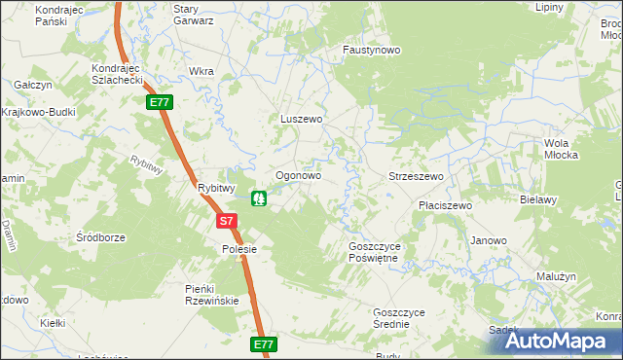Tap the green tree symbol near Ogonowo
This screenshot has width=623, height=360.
coord(260,198)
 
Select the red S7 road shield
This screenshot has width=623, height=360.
coord(226,221)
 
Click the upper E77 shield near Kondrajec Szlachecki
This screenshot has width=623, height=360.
coord(159,101)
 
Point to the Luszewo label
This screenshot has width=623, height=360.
coord(301,119)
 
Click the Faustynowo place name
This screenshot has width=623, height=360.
coord(372,50)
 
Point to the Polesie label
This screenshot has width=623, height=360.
coord(238,249)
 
